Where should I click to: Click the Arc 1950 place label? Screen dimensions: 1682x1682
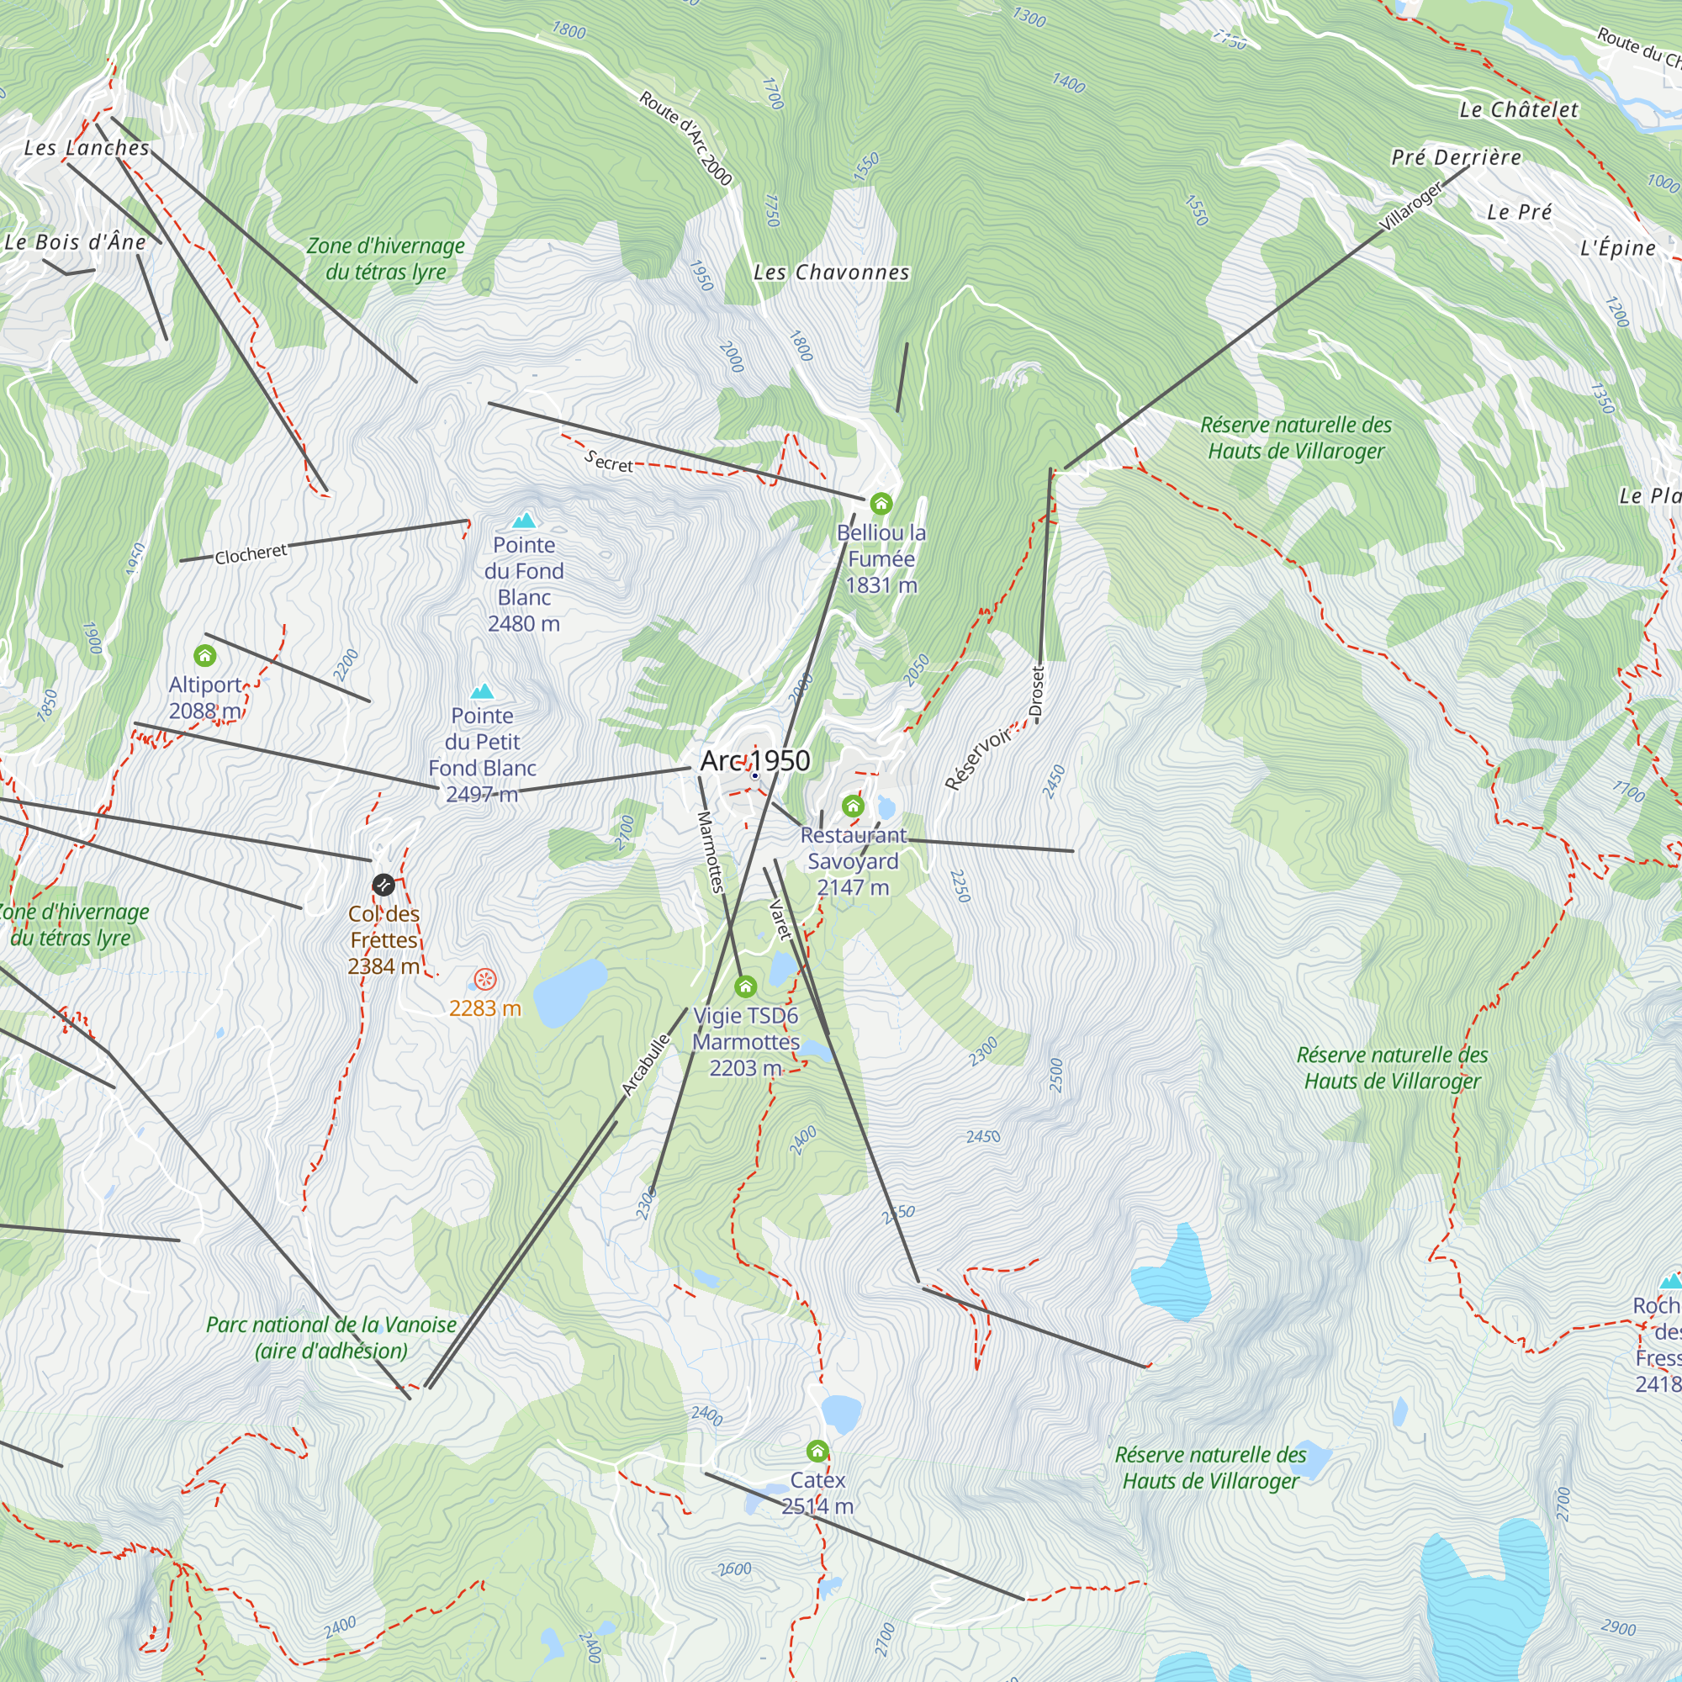(x=755, y=761)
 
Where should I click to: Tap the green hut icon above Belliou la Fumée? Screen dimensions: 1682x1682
(x=881, y=503)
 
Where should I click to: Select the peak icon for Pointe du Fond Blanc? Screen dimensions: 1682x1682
(x=523, y=521)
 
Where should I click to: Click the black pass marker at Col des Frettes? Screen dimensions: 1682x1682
(x=383, y=886)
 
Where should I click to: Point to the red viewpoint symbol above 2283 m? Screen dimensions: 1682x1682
(x=485, y=980)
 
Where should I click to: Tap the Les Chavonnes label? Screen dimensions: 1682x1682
(x=832, y=272)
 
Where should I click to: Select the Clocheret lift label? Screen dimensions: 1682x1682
(x=251, y=553)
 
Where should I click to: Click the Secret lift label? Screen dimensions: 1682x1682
(x=609, y=462)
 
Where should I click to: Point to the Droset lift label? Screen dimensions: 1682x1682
(x=1036, y=692)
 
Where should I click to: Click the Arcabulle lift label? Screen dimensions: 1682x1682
(x=646, y=1064)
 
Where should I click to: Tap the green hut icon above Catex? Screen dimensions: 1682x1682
(x=817, y=1451)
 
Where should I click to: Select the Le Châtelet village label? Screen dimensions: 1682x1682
(x=1518, y=109)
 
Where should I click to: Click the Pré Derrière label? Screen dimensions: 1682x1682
(x=1457, y=157)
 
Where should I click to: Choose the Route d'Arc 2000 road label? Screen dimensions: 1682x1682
(x=685, y=139)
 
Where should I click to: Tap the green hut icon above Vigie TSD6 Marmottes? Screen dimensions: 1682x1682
(x=745, y=986)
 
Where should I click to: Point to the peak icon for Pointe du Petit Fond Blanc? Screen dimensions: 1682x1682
(x=481, y=692)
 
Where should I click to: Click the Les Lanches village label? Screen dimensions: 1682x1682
(x=86, y=148)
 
